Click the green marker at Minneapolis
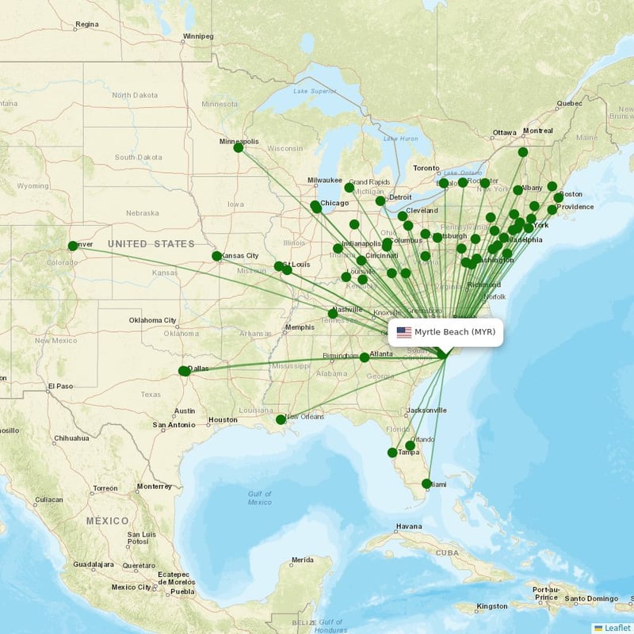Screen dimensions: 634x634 [239, 147]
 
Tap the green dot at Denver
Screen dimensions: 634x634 [73, 246]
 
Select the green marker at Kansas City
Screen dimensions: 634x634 [217, 256]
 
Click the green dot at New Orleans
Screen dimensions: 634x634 [281, 419]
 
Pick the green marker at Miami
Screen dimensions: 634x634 [426, 483]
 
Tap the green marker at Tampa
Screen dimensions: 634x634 [392, 453]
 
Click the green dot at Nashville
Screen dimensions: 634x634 [333, 314]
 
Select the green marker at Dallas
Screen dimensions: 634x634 [184, 371]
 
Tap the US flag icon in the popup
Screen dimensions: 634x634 [404, 332]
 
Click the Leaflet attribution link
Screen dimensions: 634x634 [617, 628]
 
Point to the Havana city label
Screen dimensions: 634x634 [409, 526]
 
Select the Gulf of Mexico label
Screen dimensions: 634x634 [259, 498]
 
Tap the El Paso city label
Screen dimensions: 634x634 [59, 386]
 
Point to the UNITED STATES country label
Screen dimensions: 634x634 [151, 243]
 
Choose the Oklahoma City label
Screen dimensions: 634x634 [153, 320]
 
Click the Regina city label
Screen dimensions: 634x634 [86, 25]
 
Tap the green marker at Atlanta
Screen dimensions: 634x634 [365, 357]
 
